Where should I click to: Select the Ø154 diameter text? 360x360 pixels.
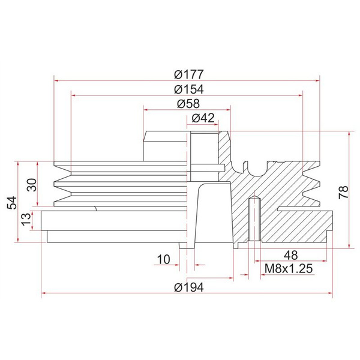pos(189,89)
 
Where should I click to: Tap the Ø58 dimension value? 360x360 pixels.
pos(188,104)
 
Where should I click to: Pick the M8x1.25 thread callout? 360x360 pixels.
pos(288,269)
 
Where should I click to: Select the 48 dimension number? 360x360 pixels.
pos(290,254)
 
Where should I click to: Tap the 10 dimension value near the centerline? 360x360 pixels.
pos(163,259)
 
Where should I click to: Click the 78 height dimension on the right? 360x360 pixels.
pos(343,192)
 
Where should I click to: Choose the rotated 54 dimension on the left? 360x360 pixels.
pos(11,202)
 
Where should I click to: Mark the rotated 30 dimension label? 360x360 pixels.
pos(32,184)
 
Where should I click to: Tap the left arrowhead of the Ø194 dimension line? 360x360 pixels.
pos(44,294)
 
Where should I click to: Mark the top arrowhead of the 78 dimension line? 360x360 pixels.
pos(350,134)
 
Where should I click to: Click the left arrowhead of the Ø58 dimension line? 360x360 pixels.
pos(146,109)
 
